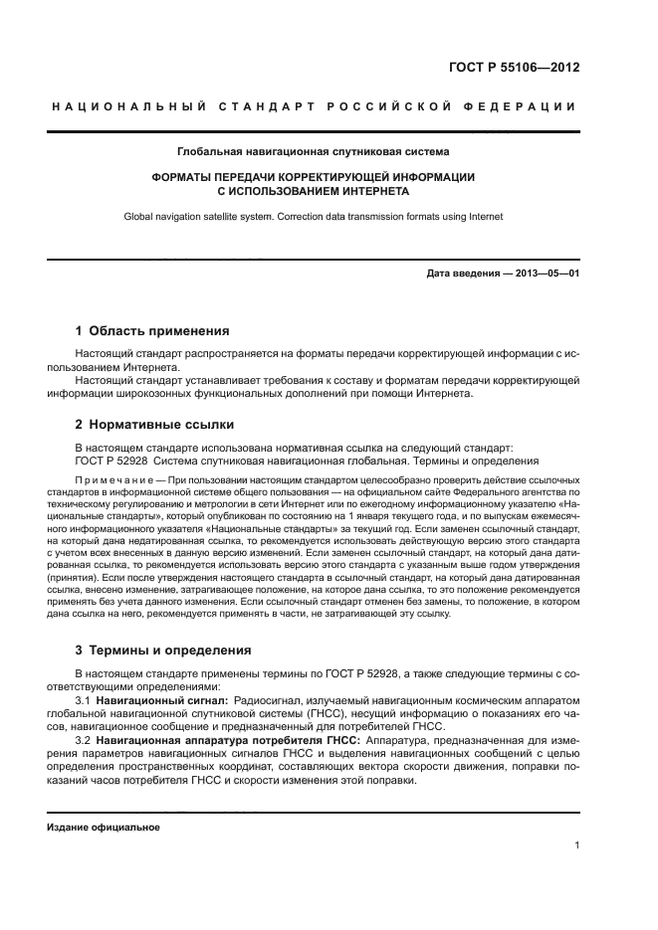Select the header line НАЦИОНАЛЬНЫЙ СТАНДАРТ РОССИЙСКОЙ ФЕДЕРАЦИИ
tap(313, 106)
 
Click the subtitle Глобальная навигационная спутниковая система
tap(313, 152)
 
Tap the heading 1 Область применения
tap(152, 330)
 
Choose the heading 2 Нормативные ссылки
tap(148, 425)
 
